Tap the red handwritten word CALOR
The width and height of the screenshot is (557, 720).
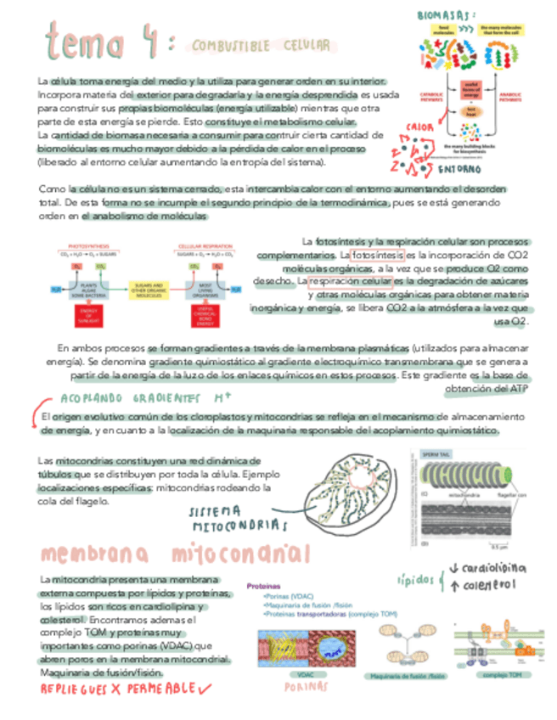pos(420,127)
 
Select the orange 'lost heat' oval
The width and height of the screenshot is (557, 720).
pos(472,111)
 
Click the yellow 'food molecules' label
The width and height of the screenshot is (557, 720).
pos(442,31)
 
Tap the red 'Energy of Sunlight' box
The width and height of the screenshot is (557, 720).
pos(87,316)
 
